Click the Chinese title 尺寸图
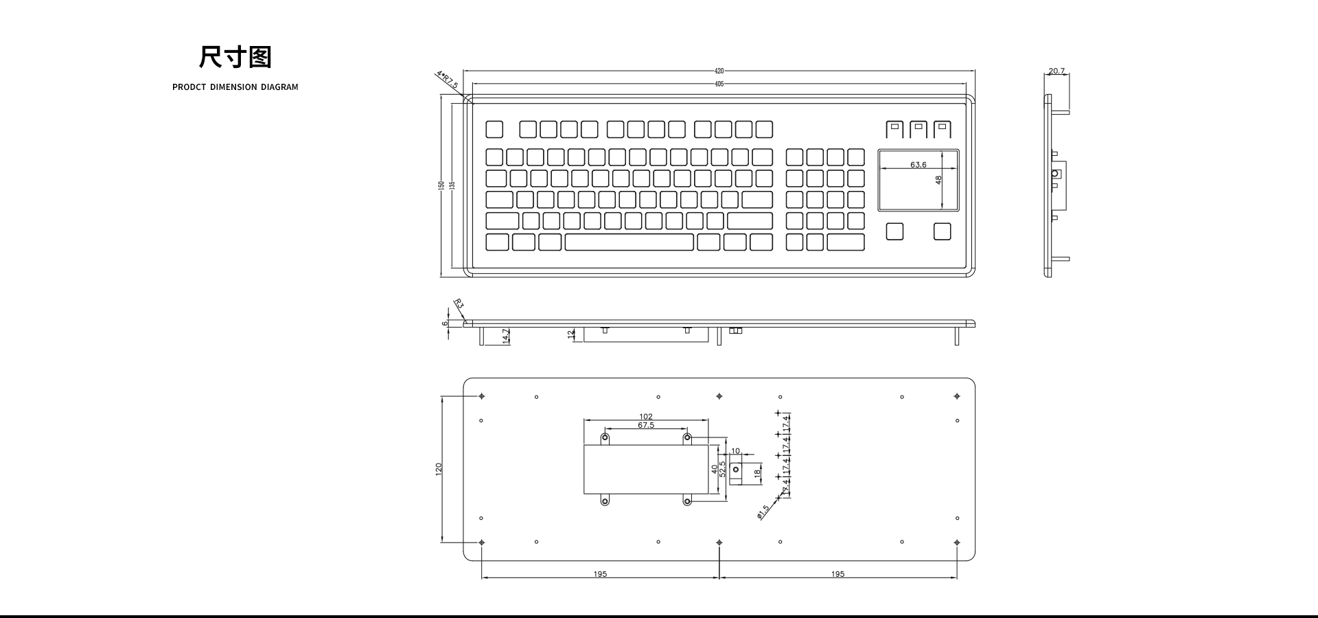235,57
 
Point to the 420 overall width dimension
719,71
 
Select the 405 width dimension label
719,84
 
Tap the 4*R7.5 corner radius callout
447,80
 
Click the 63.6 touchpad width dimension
918,165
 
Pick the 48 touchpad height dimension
938,180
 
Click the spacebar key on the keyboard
629,242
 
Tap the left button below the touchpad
894,231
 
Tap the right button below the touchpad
942,231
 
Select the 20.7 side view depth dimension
1056,71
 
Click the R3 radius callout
459,304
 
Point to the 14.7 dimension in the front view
506,336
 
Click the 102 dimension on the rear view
646,416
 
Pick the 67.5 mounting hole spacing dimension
646,425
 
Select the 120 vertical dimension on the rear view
439,468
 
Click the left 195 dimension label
600,574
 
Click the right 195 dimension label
837,574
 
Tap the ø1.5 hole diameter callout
763,512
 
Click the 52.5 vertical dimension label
722,468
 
